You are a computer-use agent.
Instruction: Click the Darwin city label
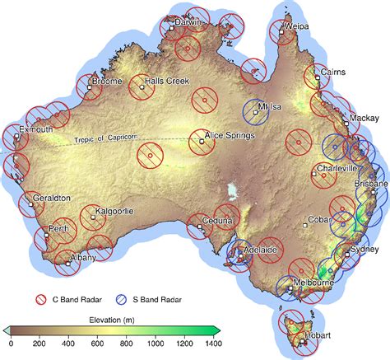(192, 23)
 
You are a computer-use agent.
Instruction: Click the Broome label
(107, 82)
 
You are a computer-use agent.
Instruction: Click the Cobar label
(318, 220)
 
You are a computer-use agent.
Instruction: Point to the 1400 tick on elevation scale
(214, 342)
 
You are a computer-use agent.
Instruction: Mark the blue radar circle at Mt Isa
(257, 112)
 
